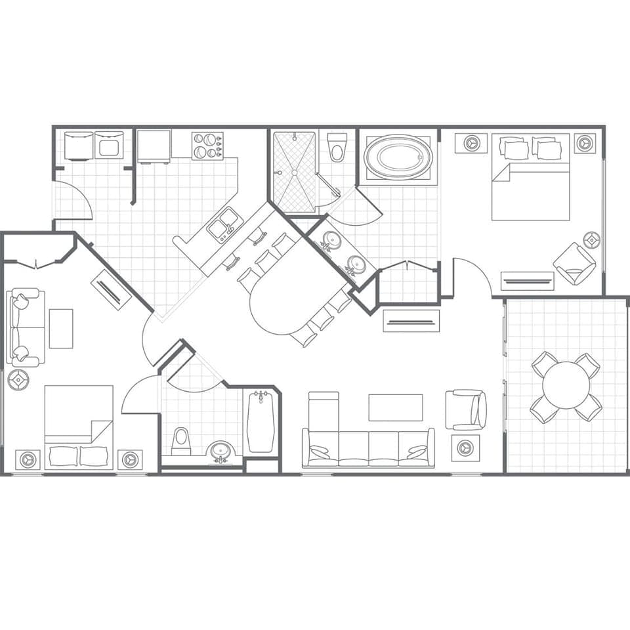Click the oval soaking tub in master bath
click(398, 157)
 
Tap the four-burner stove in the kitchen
click(207, 146)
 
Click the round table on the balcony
click(566, 385)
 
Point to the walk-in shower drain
click(295, 173)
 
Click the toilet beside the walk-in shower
click(337, 147)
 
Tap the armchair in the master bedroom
click(574, 262)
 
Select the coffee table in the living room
click(395, 407)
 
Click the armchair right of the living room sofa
click(466, 409)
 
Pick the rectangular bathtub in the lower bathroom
click(261, 421)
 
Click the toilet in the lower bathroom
click(180, 441)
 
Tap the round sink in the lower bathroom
click(220, 451)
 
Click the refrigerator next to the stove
click(154, 146)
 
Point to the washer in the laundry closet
click(79, 146)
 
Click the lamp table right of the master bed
click(585, 143)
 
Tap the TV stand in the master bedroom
click(527, 281)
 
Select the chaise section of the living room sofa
click(324, 413)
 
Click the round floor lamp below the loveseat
click(18, 379)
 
